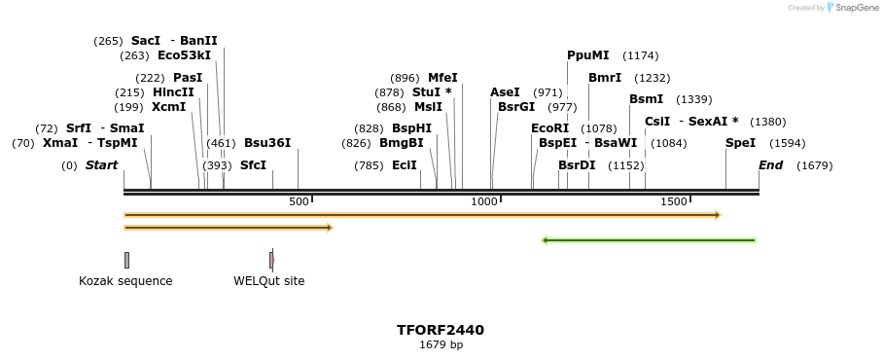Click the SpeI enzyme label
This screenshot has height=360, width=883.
point(740,143)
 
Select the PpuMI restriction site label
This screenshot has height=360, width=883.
point(588,55)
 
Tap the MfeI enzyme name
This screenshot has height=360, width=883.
point(442,78)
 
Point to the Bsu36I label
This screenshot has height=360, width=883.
point(267,143)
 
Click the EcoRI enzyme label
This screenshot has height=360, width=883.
point(549,128)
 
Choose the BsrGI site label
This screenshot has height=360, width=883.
point(516,107)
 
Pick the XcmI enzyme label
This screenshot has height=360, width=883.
point(168,107)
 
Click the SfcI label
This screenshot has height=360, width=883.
point(253,165)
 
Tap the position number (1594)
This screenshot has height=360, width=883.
point(787,143)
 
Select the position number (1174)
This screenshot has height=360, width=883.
point(640,55)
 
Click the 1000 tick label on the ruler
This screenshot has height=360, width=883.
point(483,201)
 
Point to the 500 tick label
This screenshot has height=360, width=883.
point(299,201)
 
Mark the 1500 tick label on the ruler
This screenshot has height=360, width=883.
point(673,201)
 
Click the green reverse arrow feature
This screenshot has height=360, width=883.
point(649,240)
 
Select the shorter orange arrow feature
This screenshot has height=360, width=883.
point(229,228)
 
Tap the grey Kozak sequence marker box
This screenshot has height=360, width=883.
point(126,260)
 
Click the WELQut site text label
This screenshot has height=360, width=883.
point(268,281)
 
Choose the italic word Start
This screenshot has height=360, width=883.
point(101,165)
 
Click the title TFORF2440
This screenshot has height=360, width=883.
point(441,330)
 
